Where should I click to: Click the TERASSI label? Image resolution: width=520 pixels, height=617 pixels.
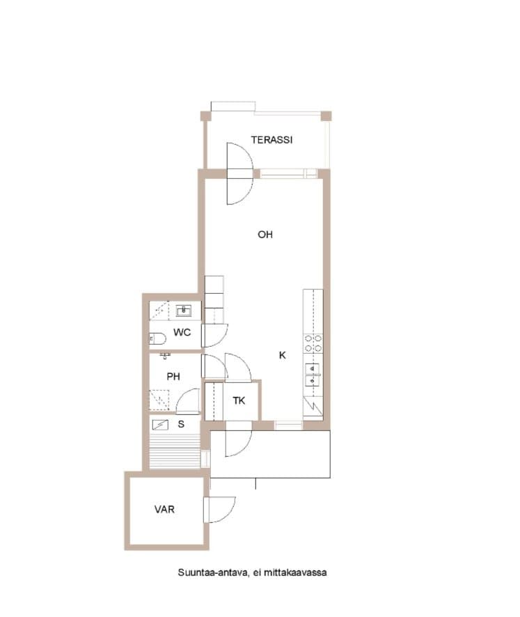coord(271,140)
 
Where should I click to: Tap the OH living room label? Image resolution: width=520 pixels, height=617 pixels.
coord(265,235)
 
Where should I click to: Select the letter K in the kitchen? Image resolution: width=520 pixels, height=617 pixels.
coord(283,355)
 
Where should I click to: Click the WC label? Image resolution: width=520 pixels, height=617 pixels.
coord(182,332)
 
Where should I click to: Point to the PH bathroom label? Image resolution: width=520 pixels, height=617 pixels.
coord(173,377)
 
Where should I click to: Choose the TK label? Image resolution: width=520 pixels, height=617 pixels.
coord(239,401)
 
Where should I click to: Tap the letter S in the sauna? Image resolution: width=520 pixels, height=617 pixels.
coord(181,424)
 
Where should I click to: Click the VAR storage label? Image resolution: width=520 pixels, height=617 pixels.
coord(164,510)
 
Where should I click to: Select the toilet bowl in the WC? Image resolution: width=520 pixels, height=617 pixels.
coord(157,338)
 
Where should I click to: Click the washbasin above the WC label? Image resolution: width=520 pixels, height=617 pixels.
coord(183,311)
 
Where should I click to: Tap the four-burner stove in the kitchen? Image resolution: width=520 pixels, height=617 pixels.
coord(313,343)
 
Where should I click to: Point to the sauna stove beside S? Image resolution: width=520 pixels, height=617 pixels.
coord(160,425)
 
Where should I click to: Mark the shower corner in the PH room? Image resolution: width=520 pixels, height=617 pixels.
coord(159,400)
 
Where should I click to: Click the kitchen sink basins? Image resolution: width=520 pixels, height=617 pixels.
coord(313,375)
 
